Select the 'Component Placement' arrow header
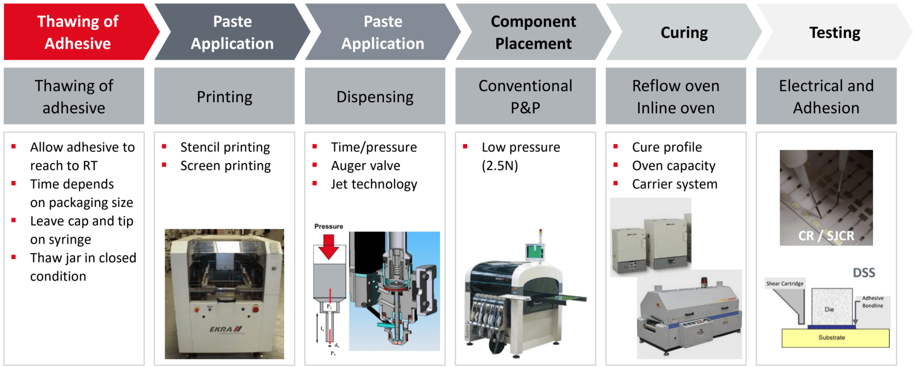[x=533, y=32]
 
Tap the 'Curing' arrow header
[x=684, y=32]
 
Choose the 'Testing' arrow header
[x=834, y=32]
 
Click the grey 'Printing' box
[x=224, y=97]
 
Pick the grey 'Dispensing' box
[x=375, y=97]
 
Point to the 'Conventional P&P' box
[x=525, y=97]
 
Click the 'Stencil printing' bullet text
[x=225, y=147]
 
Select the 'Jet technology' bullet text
[x=374, y=184]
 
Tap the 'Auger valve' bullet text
[x=365, y=166]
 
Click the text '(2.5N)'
[x=500, y=166]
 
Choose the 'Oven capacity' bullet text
[x=673, y=166]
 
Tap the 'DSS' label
[x=863, y=273]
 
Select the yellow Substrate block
[x=835, y=338]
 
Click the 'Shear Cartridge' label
[x=784, y=284]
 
